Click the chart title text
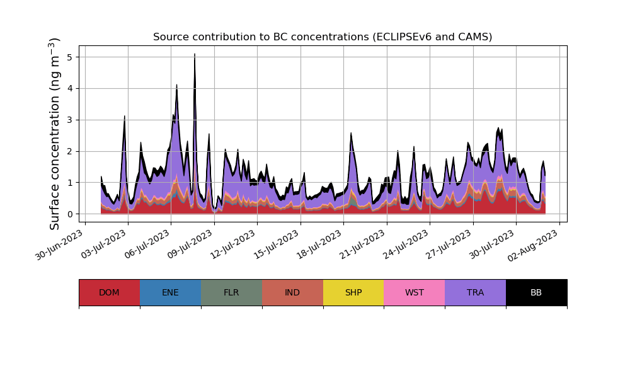(x=323, y=37)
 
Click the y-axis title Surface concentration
(x=55, y=134)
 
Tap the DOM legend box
(x=109, y=292)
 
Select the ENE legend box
(x=170, y=292)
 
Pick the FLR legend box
(x=231, y=292)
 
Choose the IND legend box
(x=292, y=292)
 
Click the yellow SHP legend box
(x=353, y=292)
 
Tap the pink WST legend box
(x=414, y=292)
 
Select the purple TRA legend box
(x=475, y=292)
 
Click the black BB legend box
(x=536, y=292)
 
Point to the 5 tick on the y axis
(x=70, y=57)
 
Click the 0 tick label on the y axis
(x=70, y=214)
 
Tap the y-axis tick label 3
(x=70, y=120)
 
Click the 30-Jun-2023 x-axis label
(x=60, y=245)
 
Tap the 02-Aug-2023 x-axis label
(x=535, y=245)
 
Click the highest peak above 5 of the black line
(x=195, y=55)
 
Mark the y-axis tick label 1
(x=70, y=183)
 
